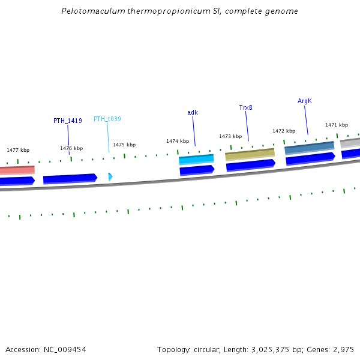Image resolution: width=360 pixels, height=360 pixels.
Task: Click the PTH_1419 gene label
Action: (x=68, y=121)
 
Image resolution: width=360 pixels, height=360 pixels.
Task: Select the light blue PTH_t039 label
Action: (x=107, y=119)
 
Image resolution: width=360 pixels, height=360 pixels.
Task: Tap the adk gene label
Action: (x=193, y=112)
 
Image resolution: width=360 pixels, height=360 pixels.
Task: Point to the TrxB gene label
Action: (x=245, y=107)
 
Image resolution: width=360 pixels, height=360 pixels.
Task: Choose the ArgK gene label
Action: (x=305, y=101)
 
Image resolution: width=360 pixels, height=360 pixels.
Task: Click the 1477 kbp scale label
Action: (x=18, y=150)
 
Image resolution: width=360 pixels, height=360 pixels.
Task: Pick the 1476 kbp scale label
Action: (x=71, y=148)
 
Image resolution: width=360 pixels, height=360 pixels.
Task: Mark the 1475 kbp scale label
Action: (x=124, y=145)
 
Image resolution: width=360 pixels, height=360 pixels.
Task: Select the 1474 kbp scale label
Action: (x=178, y=141)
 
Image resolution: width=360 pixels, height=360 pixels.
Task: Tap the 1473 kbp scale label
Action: (x=230, y=136)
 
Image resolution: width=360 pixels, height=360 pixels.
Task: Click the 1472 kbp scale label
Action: (x=284, y=131)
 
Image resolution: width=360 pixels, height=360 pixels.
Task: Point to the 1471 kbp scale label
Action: (x=337, y=125)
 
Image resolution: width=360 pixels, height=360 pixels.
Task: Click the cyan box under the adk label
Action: (x=196, y=160)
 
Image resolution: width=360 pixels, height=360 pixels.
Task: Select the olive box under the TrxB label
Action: (x=250, y=154)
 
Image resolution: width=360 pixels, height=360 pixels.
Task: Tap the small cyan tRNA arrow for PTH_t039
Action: (x=110, y=176)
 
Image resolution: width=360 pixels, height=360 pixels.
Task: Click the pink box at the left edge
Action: (x=17, y=170)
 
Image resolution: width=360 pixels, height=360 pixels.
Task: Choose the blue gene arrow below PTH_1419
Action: (x=70, y=178)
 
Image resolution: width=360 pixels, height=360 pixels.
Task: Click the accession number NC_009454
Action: (x=46, y=349)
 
